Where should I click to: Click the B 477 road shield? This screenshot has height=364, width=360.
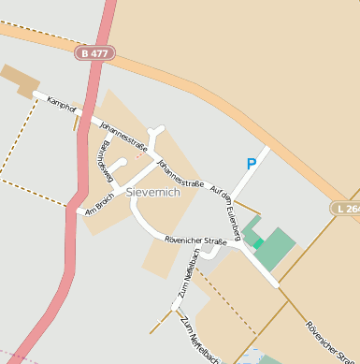point(95,54)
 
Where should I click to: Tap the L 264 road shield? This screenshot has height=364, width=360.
point(347,209)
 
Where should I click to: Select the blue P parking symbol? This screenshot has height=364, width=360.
point(251,164)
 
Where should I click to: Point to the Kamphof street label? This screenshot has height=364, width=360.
point(61,102)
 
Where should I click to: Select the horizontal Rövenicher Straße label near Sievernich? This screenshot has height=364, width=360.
point(195,241)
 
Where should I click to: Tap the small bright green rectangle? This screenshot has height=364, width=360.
point(257,243)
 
